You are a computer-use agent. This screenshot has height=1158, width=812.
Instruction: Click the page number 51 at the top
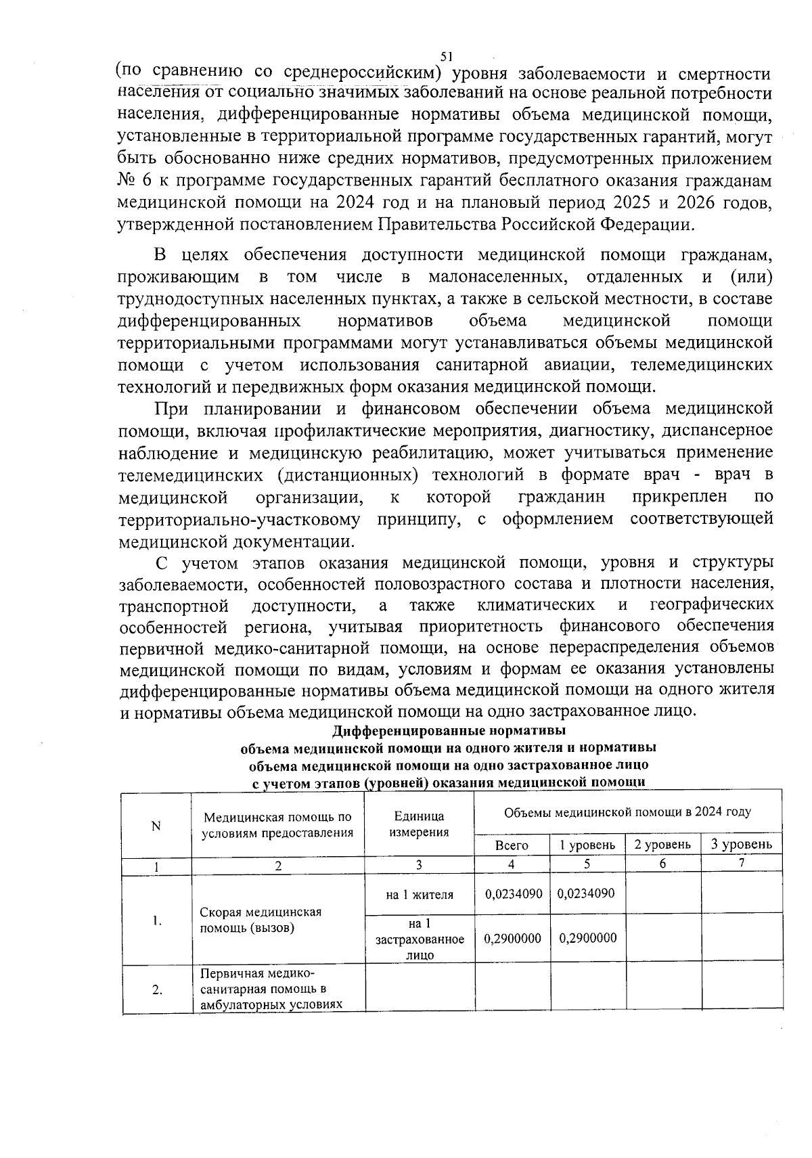tap(446, 56)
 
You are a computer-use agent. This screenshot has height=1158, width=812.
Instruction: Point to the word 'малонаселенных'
tap(498, 277)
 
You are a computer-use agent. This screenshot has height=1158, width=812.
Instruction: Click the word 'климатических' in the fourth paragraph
tap(536, 604)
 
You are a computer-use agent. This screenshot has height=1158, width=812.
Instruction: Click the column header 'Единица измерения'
tap(419, 824)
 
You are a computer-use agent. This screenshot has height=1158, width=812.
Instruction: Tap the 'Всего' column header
tap(512, 845)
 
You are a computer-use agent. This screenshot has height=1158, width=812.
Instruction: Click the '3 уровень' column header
tap(742, 844)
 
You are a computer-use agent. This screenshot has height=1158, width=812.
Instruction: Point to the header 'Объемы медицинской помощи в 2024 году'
tap(627, 811)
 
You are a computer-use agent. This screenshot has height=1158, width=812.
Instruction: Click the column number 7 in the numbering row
tap(742, 864)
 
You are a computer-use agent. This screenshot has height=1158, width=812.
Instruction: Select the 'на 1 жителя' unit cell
tap(420, 895)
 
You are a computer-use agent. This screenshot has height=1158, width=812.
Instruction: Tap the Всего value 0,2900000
tap(512, 938)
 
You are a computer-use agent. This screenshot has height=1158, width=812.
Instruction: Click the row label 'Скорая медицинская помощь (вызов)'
tap(261, 919)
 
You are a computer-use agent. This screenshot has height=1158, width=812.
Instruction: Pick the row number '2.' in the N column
tap(157, 989)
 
